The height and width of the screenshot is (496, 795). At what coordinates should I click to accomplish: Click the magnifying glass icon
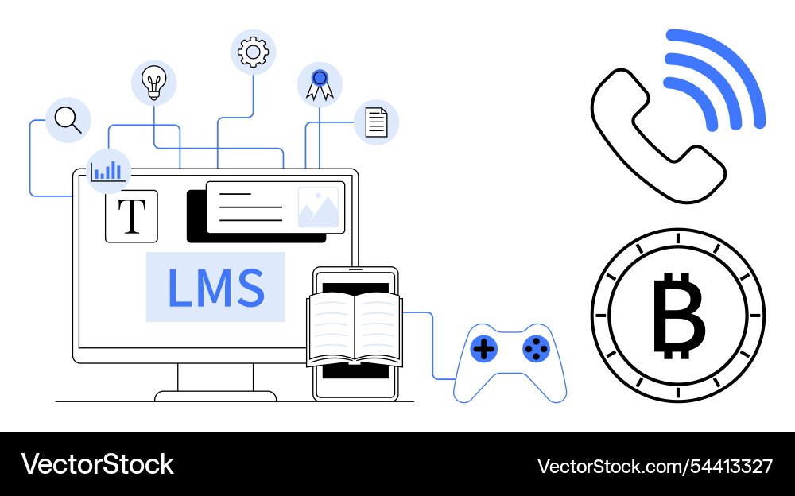click(x=68, y=120)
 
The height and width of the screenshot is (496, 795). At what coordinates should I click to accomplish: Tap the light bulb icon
click(x=153, y=82)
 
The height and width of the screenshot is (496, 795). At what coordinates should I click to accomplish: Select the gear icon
click(x=253, y=52)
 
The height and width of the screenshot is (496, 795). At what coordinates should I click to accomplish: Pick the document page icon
click(x=376, y=122)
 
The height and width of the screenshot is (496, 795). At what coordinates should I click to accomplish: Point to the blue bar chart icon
click(x=107, y=170)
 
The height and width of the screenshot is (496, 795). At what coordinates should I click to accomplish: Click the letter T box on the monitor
click(x=131, y=216)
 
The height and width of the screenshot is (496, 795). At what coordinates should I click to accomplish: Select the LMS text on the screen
click(x=215, y=287)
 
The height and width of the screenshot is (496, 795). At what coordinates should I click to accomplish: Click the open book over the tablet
click(x=355, y=329)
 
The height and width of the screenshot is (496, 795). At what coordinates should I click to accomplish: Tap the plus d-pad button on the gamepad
click(x=484, y=347)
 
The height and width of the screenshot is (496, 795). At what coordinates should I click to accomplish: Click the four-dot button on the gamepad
click(x=536, y=347)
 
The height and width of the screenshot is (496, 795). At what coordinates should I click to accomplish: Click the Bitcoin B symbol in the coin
click(x=678, y=315)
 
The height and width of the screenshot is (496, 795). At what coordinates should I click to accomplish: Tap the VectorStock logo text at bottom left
click(x=97, y=464)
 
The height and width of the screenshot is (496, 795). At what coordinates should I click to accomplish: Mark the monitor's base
click(x=215, y=396)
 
